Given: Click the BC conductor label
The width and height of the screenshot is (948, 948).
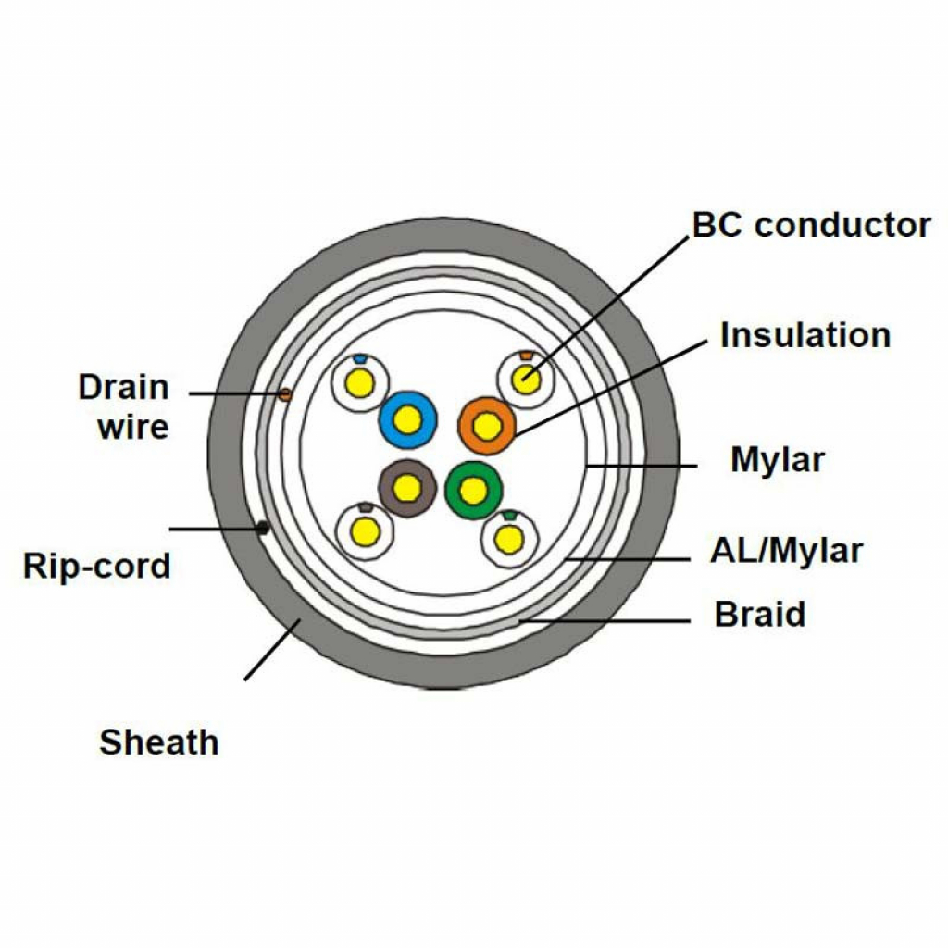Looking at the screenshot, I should tap(811, 225).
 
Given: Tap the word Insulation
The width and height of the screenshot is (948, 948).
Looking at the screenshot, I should tap(805, 334).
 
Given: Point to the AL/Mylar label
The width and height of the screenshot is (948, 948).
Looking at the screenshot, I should tap(786, 551).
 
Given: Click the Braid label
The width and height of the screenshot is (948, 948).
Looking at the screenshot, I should tap(759, 615).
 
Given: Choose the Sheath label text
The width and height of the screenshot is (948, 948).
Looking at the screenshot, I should tap(159, 742).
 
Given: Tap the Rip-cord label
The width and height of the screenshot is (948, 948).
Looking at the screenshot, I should tap(97, 565).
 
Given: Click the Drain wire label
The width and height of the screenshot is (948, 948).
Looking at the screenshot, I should tap(124, 406).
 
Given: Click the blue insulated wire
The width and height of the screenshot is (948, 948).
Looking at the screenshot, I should tap(407, 419).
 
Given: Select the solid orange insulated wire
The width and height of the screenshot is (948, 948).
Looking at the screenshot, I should tap(487, 426).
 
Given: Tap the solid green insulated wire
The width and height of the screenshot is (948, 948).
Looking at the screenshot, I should tap(473, 490).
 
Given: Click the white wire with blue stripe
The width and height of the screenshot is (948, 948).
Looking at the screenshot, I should tap(359, 381).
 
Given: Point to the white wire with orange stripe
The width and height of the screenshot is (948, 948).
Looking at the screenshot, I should tap(526, 377).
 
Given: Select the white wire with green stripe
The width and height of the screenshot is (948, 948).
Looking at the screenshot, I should tap(509, 538).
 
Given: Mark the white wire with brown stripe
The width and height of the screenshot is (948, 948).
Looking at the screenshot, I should tap(365, 531).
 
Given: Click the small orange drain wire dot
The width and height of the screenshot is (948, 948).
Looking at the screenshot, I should tap(285, 394).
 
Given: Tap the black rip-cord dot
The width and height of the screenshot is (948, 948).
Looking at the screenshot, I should tap(263, 528).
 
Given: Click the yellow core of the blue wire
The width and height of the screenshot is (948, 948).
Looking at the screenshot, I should tap(407, 419).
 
